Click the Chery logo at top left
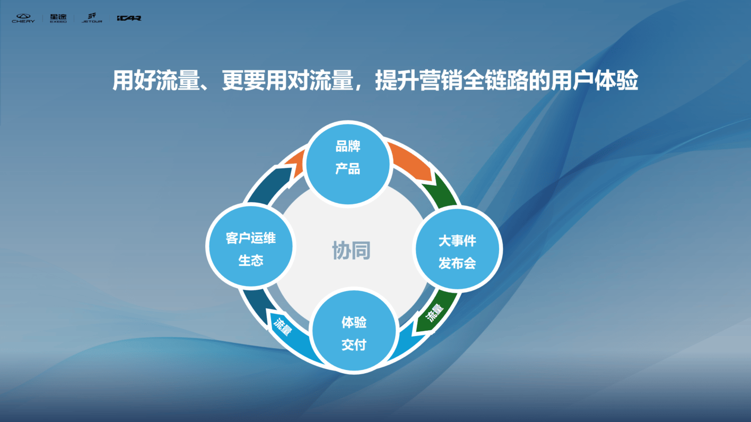[23, 18]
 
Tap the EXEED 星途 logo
[58, 18]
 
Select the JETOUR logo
[92, 18]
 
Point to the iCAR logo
[129, 18]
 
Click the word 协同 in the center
[351, 251]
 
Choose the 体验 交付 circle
[354, 333]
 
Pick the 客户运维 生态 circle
[250, 249]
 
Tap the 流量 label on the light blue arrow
[282, 325]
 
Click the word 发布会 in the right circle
[457, 263]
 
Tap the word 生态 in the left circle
[250, 261]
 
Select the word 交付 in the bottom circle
[354, 345]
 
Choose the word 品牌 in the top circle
[348, 147]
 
